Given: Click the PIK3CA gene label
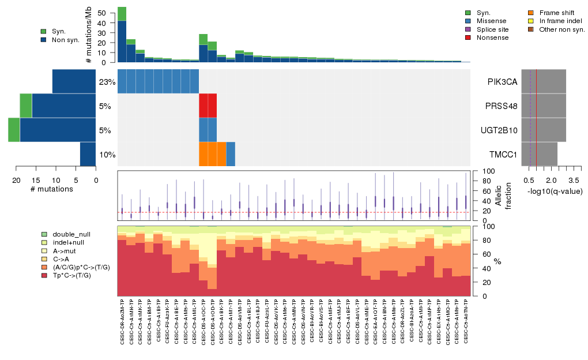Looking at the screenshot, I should point(501,81).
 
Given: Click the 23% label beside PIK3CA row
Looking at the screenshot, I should point(107,82).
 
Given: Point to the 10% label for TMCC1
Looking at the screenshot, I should point(107,155).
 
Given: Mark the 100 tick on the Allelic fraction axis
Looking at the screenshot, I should point(481,171).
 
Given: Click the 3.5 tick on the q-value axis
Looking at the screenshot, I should point(566,180).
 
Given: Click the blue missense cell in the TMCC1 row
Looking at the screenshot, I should point(231,154).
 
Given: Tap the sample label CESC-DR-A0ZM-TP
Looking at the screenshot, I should point(122,322).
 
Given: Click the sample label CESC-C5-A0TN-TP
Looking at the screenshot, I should point(466,322).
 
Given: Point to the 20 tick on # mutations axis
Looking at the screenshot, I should point(16,180).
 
